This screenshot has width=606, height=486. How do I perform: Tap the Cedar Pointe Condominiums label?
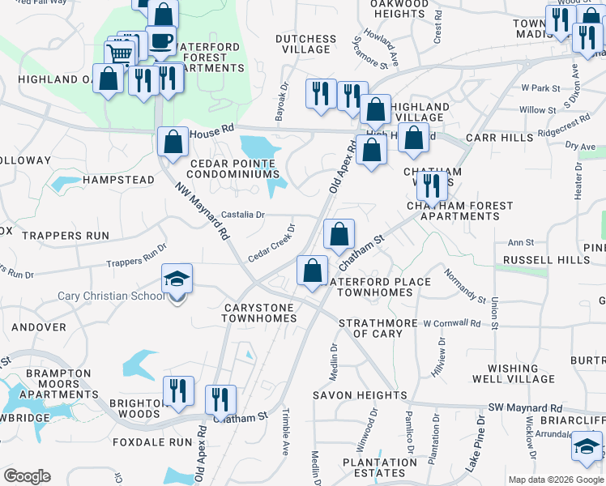pyautogui.click(x=234, y=168)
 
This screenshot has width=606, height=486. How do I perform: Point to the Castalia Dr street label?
pyautogui.click(x=243, y=215)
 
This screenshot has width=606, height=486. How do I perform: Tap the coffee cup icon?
pyautogui.click(x=160, y=40)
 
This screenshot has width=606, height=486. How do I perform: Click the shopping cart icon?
pyautogui.click(x=120, y=54)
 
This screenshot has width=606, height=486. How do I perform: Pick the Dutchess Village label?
pyautogui.click(x=305, y=44)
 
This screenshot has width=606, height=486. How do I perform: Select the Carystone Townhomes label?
pyautogui.click(x=259, y=313)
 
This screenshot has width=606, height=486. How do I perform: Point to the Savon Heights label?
pyautogui.click(x=360, y=395)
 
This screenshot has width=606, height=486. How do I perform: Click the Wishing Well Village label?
pyautogui.click(x=514, y=373)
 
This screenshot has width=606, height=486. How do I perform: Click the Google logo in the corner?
pyautogui.click(x=27, y=476)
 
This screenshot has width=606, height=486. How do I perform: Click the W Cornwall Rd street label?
pyautogui.click(x=451, y=323)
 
